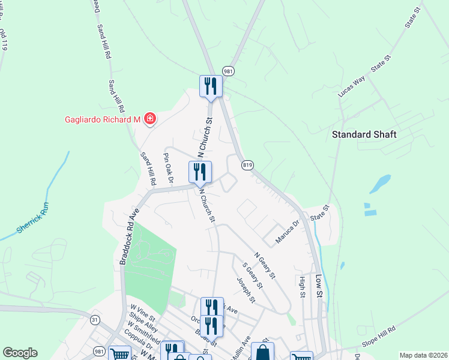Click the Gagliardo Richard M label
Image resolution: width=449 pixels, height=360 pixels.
(x=102, y=119)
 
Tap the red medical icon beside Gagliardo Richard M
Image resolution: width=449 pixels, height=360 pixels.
(x=149, y=119)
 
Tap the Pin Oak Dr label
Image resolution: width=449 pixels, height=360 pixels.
(x=168, y=168)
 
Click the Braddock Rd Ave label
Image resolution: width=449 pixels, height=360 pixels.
(x=130, y=236)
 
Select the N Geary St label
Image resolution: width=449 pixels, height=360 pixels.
(x=264, y=265)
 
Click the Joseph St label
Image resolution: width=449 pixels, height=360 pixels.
(x=246, y=290)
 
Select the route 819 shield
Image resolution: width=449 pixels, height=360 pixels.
(x=247, y=164)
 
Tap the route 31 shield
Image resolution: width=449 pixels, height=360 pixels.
(x=94, y=320)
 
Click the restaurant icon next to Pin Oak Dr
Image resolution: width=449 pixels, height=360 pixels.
(x=200, y=172)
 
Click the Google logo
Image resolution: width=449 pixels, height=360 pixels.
(x=20, y=353)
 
